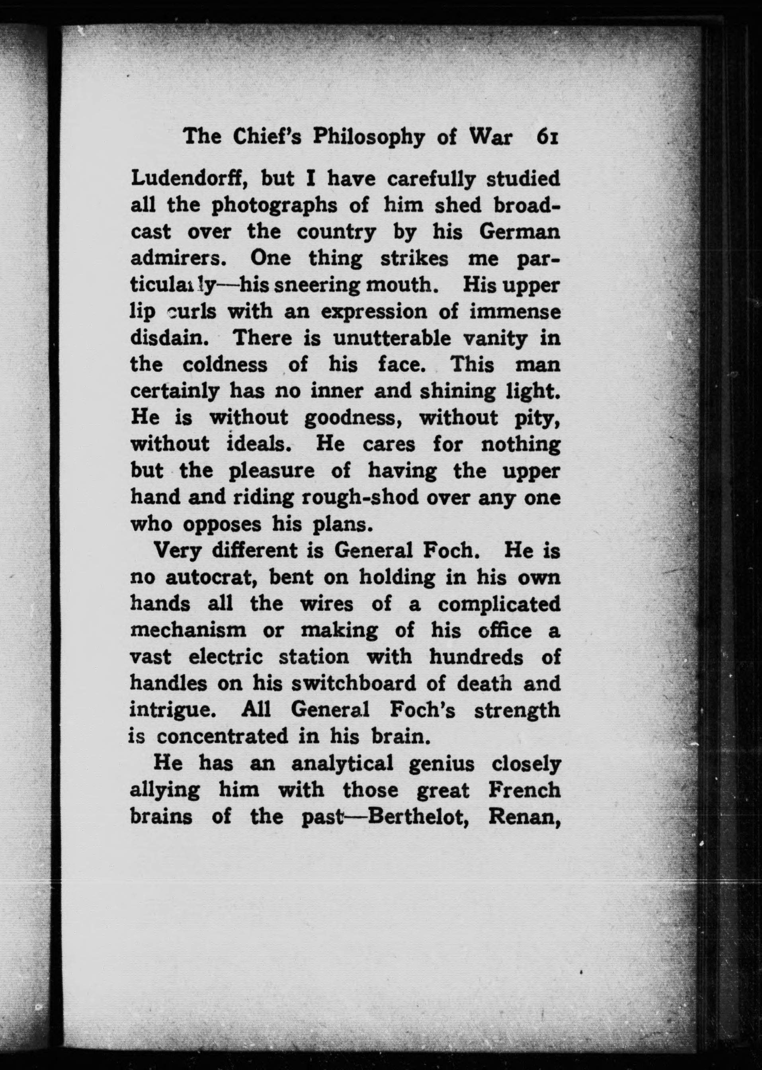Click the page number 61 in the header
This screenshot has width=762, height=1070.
pyautogui.click(x=547, y=137)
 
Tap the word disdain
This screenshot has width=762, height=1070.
pyautogui.click(x=169, y=338)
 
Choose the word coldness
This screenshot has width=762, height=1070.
pyautogui.click(x=225, y=365)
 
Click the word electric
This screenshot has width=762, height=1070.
pyautogui.click(x=225, y=657)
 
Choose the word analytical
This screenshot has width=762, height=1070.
pyautogui.click(x=342, y=763)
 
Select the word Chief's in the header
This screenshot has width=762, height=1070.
pyautogui.click(x=268, y=137)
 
